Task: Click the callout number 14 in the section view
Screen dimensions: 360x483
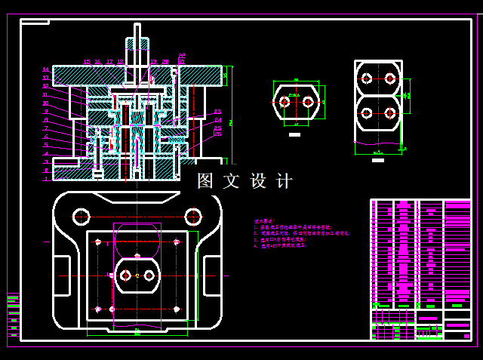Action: point(45,69)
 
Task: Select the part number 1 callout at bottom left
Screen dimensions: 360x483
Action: point(45,179)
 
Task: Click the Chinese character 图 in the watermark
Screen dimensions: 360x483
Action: point(205,181)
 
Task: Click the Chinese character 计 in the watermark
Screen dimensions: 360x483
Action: point(285,181)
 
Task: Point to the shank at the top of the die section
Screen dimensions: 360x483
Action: point(137,38)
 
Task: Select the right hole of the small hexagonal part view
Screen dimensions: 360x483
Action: point(308,101)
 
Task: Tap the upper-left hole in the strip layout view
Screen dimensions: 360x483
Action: point(367,78)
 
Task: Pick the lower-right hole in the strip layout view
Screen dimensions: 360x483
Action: point(390,113)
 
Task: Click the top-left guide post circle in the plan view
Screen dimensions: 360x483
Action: point(81,217)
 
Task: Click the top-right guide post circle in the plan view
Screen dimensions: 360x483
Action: point(192,217)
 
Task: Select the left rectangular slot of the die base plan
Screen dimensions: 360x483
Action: point(61,276)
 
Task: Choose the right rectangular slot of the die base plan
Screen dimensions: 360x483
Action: point(212,276)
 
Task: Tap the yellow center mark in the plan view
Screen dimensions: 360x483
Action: point(137,276)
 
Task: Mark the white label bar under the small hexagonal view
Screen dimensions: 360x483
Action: point(295,134)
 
